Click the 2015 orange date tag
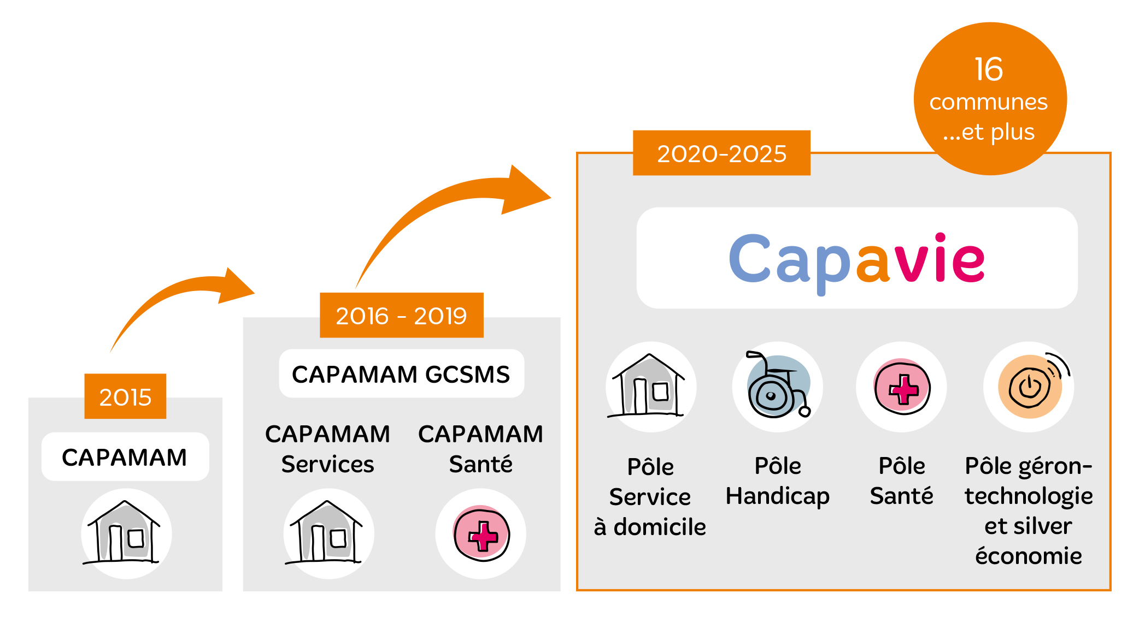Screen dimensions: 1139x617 [x=125, y=396]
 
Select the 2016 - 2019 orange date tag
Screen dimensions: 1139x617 [x=402, y=316]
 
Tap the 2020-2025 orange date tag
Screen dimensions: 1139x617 [x=721, y=153]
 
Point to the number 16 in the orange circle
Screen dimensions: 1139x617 [x=989, y=69]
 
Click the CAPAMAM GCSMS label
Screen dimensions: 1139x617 [x=401, y=374]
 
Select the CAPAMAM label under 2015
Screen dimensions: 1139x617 [x=125, y=457]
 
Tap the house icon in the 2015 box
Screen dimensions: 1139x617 [x=124, y=532]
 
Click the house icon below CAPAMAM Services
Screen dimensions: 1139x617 [x=326, y=532]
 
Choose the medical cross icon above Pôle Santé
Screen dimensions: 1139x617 [x=902, y=387]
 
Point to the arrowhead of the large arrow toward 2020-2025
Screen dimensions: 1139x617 [x=525, y=191]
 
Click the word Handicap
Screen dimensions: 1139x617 [x=778, y=496]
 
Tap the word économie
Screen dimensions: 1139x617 [x=1029, y=556]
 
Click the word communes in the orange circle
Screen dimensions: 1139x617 [x=989, y=102]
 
